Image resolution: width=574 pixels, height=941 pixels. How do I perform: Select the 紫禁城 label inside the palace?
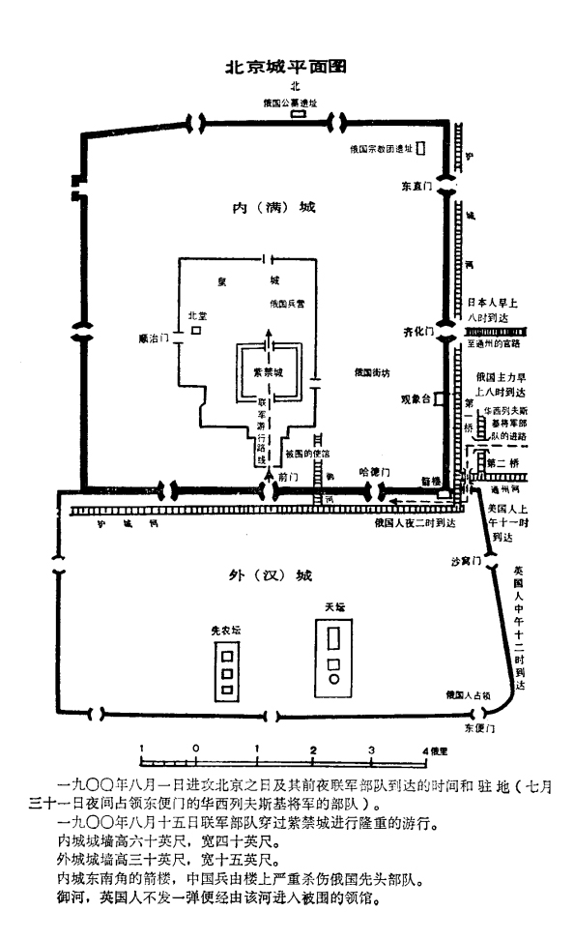click(x=268, y=372)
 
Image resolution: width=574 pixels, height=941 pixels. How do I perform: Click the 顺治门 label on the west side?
click(x=155, y=339)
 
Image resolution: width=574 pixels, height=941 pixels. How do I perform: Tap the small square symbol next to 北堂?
click(x=196, y=331)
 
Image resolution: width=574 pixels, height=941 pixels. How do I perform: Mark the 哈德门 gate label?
click(x=373, y=471)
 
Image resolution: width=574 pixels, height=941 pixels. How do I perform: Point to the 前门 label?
click(x=284, y=476)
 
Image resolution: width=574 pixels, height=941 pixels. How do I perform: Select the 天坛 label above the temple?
click(x=334, y=606)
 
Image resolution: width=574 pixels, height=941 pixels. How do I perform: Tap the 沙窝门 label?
click(x=465, y=561)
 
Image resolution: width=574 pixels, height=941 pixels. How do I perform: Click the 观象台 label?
click(x=415, y=397)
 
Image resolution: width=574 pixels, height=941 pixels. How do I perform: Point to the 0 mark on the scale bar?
click(x=196, y=750)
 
